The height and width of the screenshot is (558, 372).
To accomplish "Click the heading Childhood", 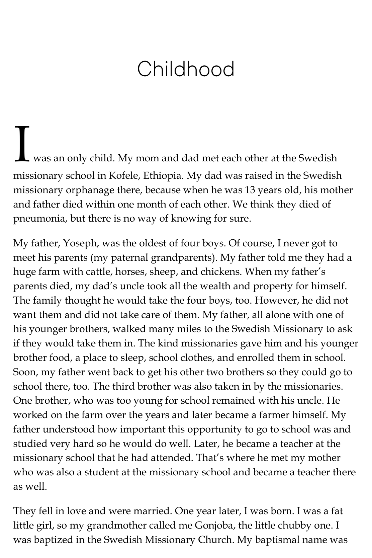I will coord(186,69).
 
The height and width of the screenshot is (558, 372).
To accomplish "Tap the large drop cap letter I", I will coord(22,143).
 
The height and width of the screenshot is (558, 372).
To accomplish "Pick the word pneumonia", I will coord(36,219).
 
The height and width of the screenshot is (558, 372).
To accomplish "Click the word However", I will coord(277,300).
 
